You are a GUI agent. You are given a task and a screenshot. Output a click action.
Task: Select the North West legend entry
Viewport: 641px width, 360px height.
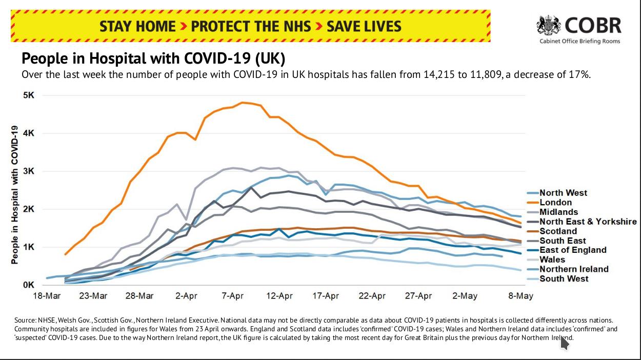click(563, 193)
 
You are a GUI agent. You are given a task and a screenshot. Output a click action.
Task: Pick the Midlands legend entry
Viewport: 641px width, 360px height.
click(558, 212)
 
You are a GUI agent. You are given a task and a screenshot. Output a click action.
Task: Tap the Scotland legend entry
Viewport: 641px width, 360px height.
click(558, 231)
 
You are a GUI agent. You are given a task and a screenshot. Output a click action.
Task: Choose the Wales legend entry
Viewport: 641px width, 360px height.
click(553, 260)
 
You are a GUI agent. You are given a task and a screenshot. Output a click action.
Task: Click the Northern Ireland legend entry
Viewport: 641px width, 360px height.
click(574, 269)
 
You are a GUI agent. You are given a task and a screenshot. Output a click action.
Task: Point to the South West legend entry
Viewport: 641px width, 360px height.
click(564, 279)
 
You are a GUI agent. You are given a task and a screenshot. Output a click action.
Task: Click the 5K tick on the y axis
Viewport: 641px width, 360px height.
click(28, 95)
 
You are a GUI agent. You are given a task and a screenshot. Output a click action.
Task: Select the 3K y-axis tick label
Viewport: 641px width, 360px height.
click(28, 171)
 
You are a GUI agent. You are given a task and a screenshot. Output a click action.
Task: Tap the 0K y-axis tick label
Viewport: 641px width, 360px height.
click(28, 285)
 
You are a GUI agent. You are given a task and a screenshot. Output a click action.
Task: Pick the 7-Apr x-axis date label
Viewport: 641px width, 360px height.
click(232, 296)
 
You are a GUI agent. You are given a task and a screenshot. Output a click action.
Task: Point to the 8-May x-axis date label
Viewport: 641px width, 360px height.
click(520, 296)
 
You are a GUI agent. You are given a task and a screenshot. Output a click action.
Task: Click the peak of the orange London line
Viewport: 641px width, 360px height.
click(243, 103)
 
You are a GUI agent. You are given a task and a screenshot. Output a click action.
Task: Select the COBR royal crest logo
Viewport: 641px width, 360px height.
click(549, 25)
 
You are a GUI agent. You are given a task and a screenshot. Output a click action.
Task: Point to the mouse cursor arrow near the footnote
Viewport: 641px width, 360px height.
click(565, 343)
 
